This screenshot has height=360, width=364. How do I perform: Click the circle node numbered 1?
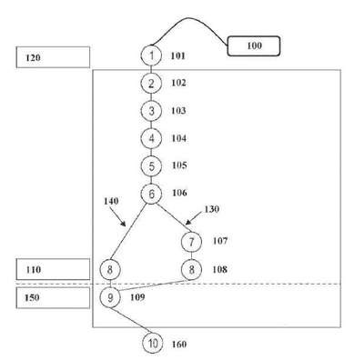click(151, 55)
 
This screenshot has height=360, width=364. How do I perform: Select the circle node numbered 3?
click(151, 111)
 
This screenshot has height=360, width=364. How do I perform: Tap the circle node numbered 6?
click(151, 194)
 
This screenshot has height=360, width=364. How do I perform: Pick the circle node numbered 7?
click(191, 242)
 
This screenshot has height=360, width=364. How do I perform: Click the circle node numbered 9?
click(110, 297)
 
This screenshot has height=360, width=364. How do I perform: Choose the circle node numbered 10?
click(153, 344)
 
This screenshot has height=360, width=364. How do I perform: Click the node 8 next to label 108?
click(191, 269)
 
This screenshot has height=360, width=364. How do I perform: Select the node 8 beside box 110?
click(110, 269)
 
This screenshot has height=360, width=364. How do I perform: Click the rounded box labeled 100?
click(254, 46)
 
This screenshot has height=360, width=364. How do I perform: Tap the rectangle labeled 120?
click(53, 57)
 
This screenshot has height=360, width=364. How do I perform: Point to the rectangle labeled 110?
click(53, 269)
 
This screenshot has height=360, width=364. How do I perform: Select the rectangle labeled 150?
click(53, 297)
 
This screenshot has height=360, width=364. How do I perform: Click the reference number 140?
click(111, 201)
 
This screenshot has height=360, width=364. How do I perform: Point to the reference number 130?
click(212, 209)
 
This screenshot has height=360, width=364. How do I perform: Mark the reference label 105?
click(179, 165)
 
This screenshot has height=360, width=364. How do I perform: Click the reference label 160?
click(179, 345)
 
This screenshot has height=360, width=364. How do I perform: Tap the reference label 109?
click(137, 297)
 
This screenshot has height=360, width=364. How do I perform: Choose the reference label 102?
click(178, 83)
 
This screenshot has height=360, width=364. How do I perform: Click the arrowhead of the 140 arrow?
click(124, 224)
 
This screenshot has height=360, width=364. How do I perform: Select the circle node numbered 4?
click(151, 138)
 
